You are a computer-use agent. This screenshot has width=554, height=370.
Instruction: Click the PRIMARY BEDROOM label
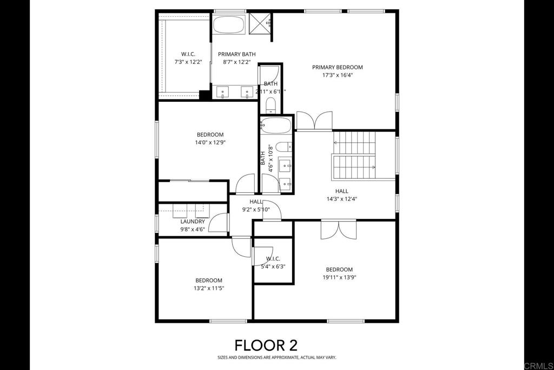(337, 67)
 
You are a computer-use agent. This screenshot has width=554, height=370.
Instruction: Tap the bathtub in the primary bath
(229, 25)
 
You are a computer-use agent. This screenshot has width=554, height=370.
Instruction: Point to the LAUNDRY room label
(193, 221)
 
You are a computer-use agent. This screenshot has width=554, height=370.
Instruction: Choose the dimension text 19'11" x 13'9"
(339, 277)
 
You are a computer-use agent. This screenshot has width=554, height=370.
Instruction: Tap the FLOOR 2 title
(266, 345)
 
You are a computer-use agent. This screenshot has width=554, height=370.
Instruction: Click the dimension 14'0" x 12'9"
(210, 142)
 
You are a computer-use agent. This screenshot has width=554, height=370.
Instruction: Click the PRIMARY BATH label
(236, 54)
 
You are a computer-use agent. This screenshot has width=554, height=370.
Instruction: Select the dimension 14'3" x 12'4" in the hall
(341, 199)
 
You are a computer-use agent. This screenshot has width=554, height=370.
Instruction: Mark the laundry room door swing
(219, 223)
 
